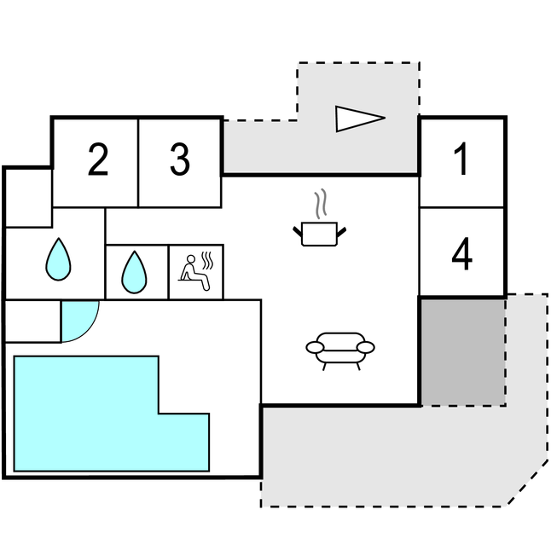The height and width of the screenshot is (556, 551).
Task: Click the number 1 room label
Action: (461, 160)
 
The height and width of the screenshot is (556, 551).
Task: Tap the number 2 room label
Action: (98, 160)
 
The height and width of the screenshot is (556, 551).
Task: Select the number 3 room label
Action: (179, 160)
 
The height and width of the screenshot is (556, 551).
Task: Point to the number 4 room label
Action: (461, 255)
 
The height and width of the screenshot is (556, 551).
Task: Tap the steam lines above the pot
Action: (320, 204)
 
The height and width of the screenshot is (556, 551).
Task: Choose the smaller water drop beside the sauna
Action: (134, 272)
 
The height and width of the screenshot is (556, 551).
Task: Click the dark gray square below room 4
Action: (463, 350)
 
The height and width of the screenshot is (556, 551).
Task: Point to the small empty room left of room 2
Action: (28, 197)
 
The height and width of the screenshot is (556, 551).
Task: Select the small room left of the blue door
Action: (32, 321)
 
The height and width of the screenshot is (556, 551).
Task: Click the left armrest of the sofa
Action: (315, 348)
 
